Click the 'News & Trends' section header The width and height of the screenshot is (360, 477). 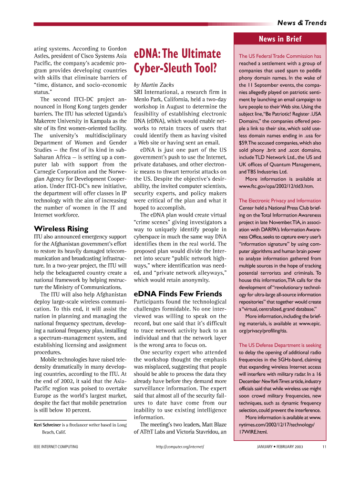click(x=302, y=23)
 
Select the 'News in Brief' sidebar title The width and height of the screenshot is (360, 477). click(x=280, y=39)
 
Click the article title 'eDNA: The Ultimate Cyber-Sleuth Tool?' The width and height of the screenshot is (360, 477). click(x=177, y=61)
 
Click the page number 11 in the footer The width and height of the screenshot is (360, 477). click(x=324, y=447)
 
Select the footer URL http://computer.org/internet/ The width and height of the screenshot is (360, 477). click(x=180, y=447)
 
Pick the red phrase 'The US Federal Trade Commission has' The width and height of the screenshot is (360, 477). click(x=280, y=56)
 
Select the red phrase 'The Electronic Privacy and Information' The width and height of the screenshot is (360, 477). click(x=280, y=201)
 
